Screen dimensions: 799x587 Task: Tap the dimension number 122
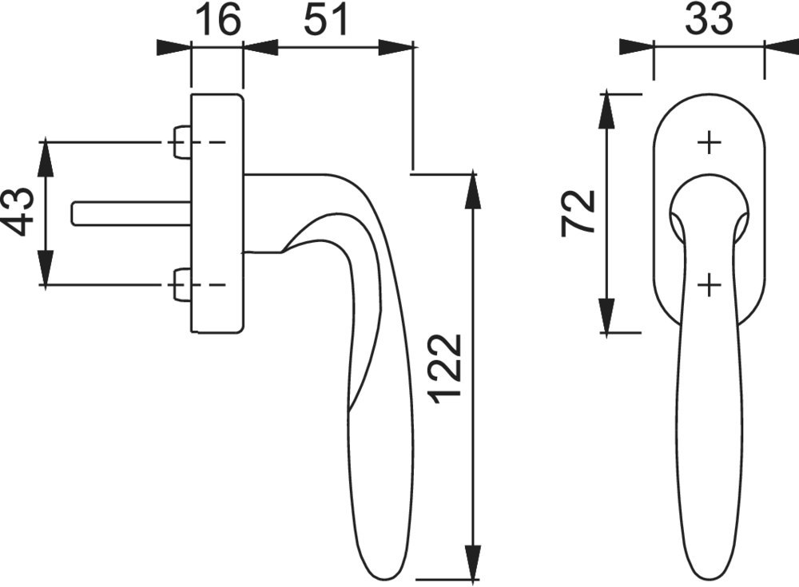pos(447,369)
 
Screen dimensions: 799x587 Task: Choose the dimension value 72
pos(578,213)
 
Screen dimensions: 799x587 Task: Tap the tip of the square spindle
pos(72,213)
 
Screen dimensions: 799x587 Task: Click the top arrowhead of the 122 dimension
pos(473,191)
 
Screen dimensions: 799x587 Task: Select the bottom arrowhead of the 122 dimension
pos(473,562)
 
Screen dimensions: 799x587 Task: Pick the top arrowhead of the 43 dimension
pos(46,157)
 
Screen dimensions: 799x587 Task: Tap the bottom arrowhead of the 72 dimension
pos(606,315)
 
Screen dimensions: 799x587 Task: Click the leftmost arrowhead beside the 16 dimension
pos(173,48)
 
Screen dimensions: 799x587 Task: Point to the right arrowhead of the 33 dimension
pos(781,48)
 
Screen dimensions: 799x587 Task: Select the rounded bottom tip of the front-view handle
pos(709,578)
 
